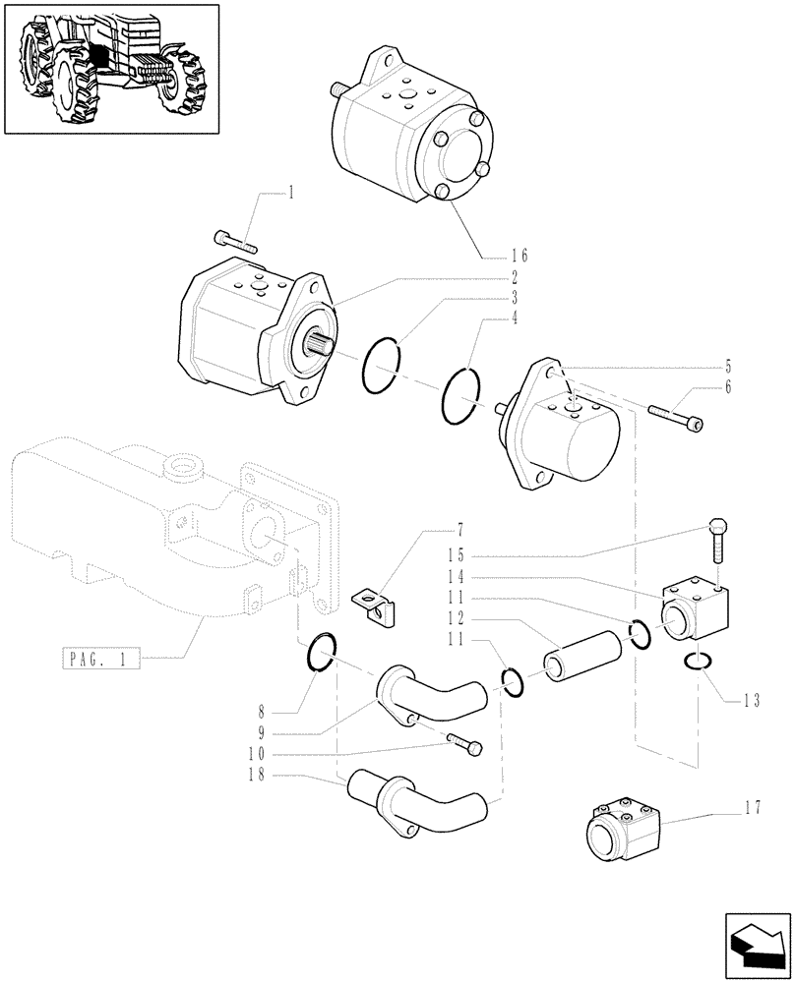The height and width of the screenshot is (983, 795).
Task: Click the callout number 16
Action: click(x=519, y=256)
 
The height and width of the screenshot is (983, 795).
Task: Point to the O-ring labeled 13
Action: click(x=698, y=664)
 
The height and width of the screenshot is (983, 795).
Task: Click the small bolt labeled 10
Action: click(x=464, y=744)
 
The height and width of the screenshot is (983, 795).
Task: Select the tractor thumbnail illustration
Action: click(x=110, y=69)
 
